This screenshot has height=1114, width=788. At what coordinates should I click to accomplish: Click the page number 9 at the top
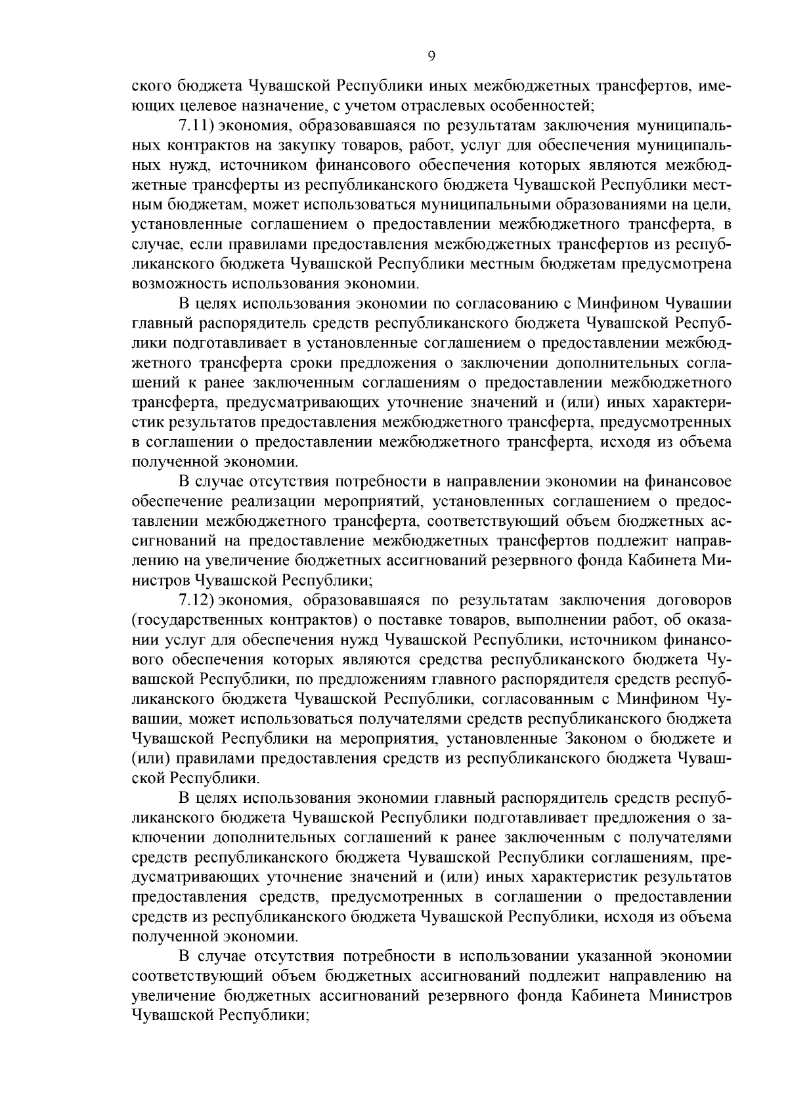431,56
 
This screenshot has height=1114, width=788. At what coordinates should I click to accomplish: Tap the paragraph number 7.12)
198,600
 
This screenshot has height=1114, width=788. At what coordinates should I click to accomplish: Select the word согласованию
483,304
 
